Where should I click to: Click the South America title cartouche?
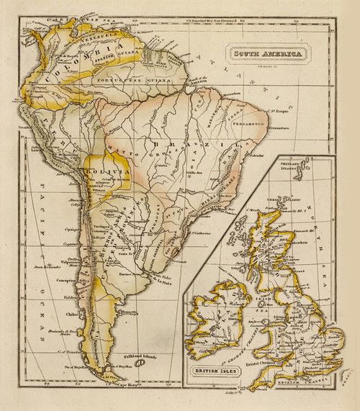click(x=265, y=53)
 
